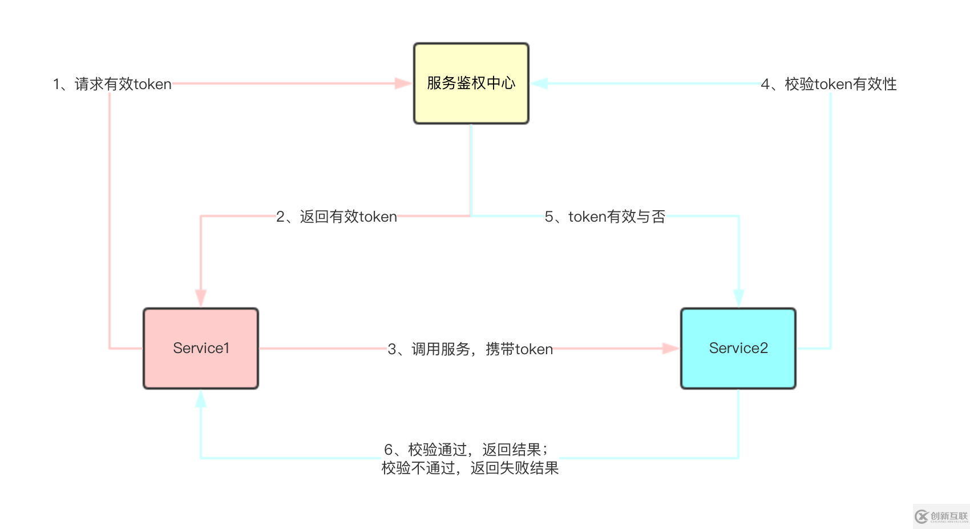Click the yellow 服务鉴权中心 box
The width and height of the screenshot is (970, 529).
click(471, 83)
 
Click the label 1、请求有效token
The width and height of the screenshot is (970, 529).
click(112, 84)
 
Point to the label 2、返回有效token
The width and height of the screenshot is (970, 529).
click(336, 217)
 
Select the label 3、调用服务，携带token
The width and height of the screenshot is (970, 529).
click(470, 349)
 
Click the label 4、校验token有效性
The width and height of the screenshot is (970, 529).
click(828, 84)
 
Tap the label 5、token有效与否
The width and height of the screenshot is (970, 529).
click(605, 217)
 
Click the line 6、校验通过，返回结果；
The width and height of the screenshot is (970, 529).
click(466, 450)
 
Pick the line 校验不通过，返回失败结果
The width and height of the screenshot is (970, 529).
click(470, 468)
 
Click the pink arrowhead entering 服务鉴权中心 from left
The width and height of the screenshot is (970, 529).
click(403, 83)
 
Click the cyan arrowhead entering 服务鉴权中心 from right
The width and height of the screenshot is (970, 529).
click(539, 83)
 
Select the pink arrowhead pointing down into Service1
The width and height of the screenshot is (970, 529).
click(200, 298)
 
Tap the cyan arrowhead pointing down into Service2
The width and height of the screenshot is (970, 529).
click(738, 298)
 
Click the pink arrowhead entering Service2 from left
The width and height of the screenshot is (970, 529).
click(670, 348)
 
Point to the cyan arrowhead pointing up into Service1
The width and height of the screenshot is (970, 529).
click(200, 399)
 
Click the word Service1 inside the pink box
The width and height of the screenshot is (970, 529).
click(201, 348)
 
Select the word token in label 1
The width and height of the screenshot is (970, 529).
click(152, 84)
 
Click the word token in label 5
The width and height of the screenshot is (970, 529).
click(587, 217)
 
